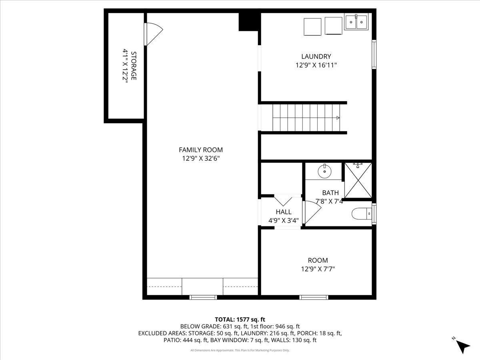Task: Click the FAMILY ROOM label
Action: tap(200, 150)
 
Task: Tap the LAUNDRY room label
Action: tap(316, 57)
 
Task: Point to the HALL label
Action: tap(283, 212)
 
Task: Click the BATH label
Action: tap(330, 193)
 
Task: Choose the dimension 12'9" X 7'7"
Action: tap(318, 269)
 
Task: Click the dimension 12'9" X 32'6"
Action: tap(200, 158)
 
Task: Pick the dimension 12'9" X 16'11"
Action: tap(316, 65)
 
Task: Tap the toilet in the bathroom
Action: tap(361, 214)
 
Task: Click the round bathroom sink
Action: tap(324, 172)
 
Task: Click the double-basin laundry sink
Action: tap(356, 22)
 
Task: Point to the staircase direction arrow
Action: tap(338, 118)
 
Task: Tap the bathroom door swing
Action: tap(310, 212)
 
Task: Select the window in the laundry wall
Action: tap(374, 54)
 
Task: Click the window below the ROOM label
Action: tap(314, 297)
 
